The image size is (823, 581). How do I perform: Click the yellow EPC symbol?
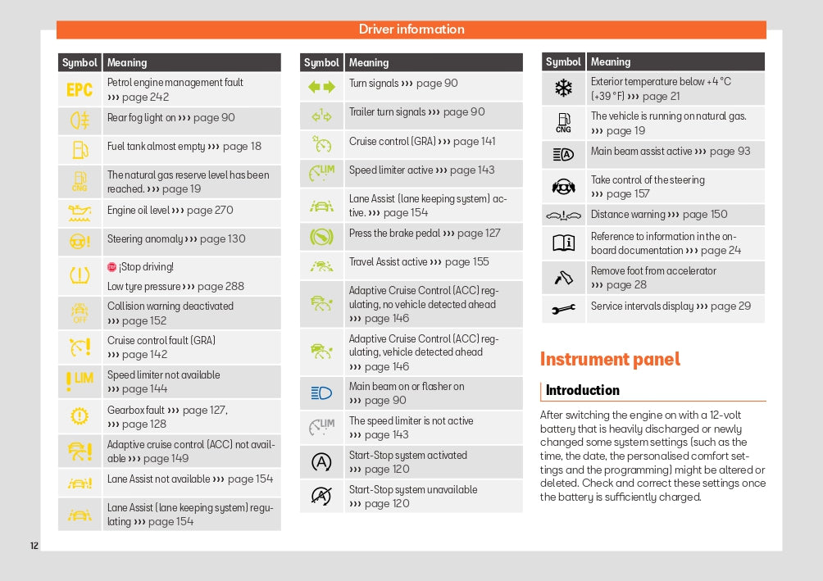pyautogui.click(x=80, y=89)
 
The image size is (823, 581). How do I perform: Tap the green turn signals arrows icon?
pyautogui.click(x=321, y=86)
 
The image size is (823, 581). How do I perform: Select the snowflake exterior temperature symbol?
pyautogui.click(x=563, y=88)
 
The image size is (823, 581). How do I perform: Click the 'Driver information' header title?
pyautogui.click(x=411, y=30)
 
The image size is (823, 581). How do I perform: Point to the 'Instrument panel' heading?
pyautogui.click(x=610, y=359)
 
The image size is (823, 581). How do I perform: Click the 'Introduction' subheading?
pyautogui.click(x=582, y=390)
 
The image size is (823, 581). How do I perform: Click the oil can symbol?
pyautogui.click(x=80, y=213)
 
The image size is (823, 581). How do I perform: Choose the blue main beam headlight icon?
pyautogui.click(x=321, y=393)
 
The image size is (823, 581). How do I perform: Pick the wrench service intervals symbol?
pyautogui.click(x=563, y=309)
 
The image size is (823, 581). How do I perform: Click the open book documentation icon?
pyautogui.click(x=563, y=243)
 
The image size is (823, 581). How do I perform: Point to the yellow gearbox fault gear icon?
pyautogui.click(x=80, y=416)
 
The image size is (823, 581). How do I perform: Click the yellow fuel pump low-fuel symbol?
pyautogui.click(x=80, y=149)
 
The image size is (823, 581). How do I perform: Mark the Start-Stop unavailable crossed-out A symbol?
pyautogui.click(x=321, y=496)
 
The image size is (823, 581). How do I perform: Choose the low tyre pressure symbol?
pyautogui.click(x=80, y=276)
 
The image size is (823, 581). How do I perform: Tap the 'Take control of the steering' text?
pyautogui.click(x=647, y=180)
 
